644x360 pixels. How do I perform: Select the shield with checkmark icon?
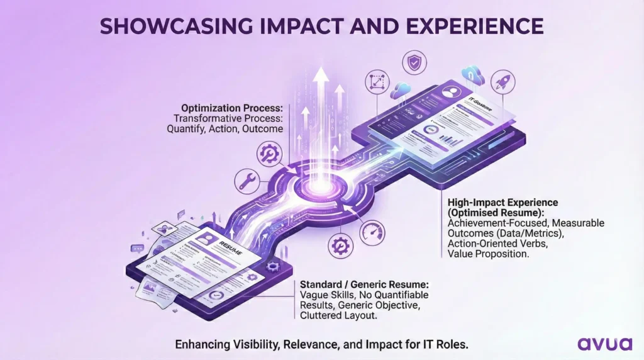(x=413, y=64)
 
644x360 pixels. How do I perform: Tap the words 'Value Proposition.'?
(x=487, y=253)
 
